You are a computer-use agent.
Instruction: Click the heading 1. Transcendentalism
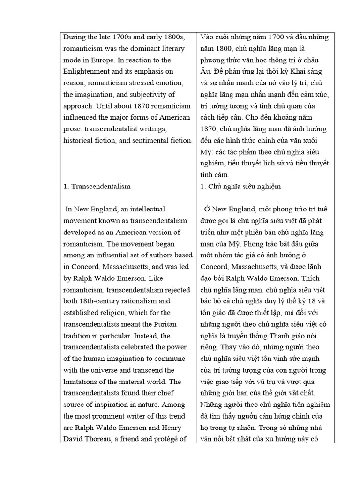pyautogui.click(x=97, y=186)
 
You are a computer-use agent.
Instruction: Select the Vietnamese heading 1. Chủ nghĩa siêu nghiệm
pyautogui.click(x=240, y=186)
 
